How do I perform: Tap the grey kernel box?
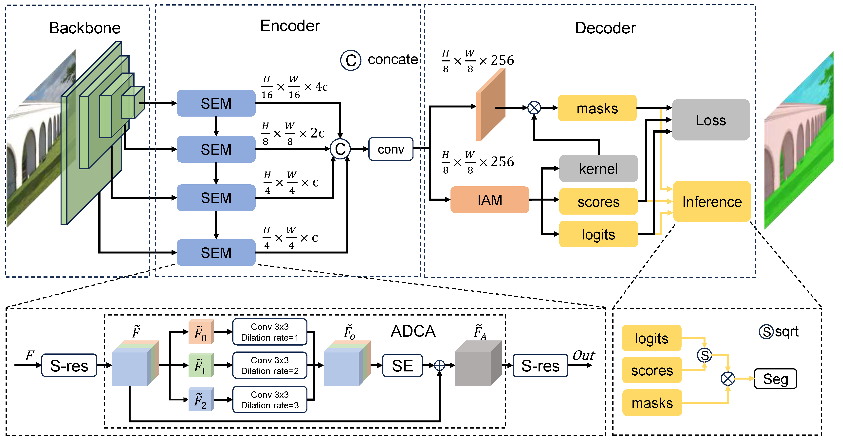click(x=598, y=169)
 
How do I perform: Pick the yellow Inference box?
click(x=712, y=201)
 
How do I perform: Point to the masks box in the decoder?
click(x=597, y=108)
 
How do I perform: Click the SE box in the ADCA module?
click(x=402, y=366)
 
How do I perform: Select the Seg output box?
click(x=775, y=379)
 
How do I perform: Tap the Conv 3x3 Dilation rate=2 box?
click(x=270, y=366)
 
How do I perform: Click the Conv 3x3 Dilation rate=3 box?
click(x=270, y=400)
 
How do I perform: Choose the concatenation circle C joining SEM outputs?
click(x=340, y=149)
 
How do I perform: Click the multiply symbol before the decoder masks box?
click(x=534, y=107)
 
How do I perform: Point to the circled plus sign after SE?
click(x=439, y=366)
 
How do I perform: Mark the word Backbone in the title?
click(x=85, y=28)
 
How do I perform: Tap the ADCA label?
click(x=413, y=331)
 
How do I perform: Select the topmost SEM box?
click(x=216, y=103)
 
